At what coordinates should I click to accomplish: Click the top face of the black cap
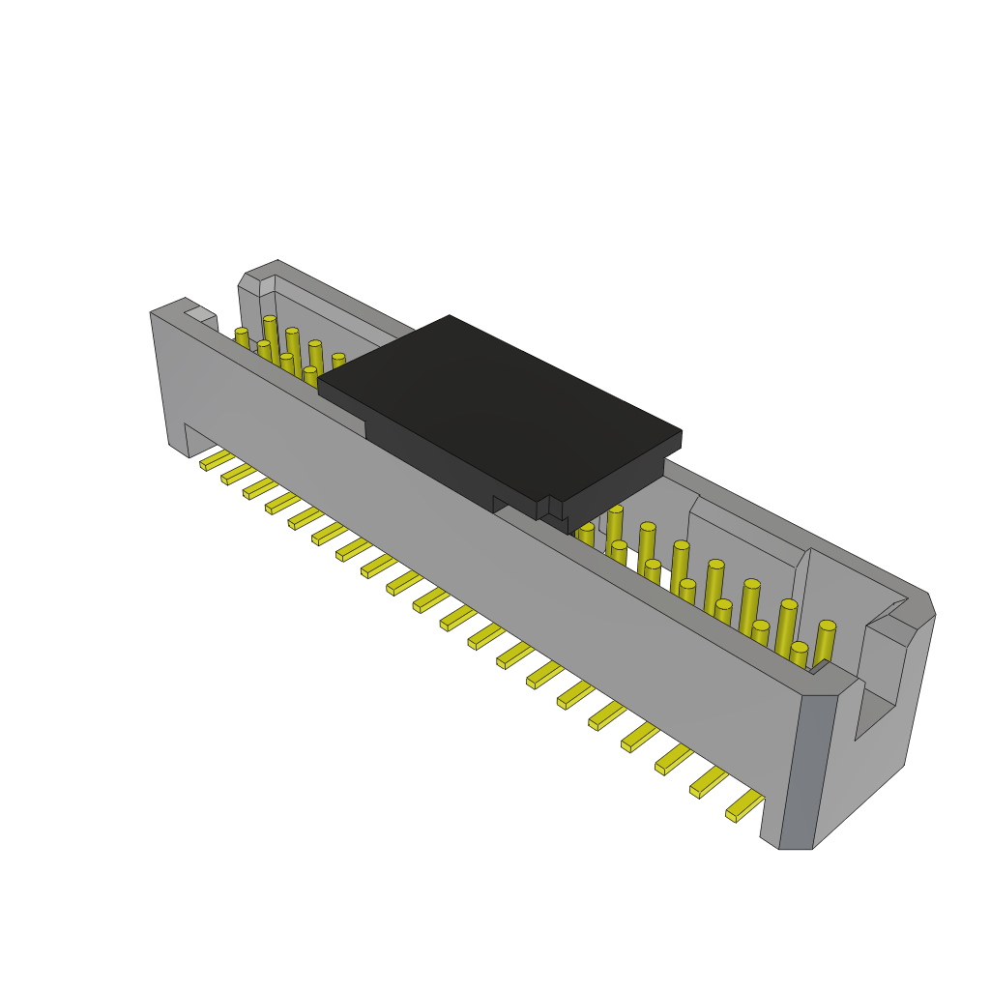pyautogui.click(x=498, y=406)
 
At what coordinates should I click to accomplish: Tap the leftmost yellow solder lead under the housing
pyautogui.click(x=216, y=460)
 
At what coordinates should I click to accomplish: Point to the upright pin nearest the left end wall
pyautogui.click(x=242, y=338)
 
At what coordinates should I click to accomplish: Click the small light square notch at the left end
pyautogui.click(x=201, y=314)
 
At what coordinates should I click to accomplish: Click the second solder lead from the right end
pyautogui.click(x=708, y=782)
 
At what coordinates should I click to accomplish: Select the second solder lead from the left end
pyautogui.click(x=238, y=474)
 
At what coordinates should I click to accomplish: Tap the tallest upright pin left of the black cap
pyautogui.click(x=272, y=338)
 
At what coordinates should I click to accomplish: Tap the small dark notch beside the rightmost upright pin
pyautogui.click(x=819, y=666)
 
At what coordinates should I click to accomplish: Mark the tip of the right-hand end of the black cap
pyautogui.click(x=680, y=435)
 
